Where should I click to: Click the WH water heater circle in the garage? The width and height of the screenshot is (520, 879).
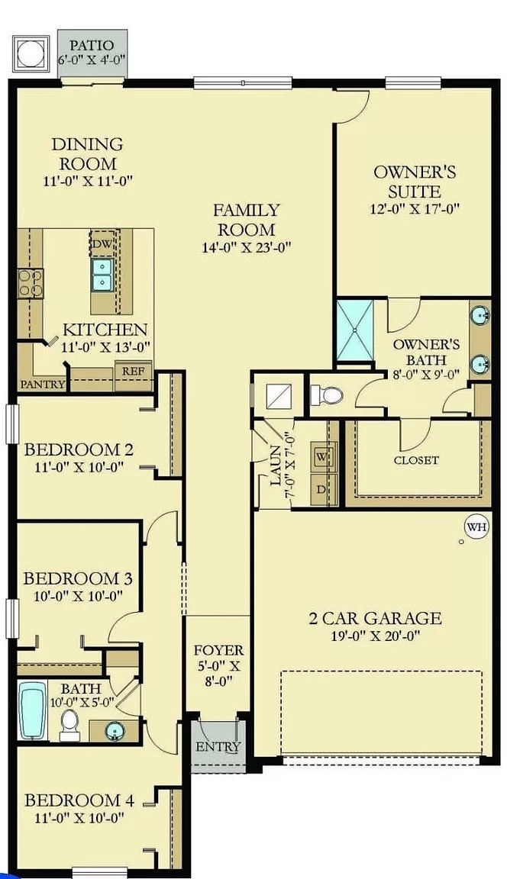click(476, 526)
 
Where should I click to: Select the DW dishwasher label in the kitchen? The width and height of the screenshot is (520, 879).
click(101, 244)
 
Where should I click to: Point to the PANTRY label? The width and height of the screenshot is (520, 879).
click(42, 384)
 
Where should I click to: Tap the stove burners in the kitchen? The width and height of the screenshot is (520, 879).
click(28, 282)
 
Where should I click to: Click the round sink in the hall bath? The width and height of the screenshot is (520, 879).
click(116, 732)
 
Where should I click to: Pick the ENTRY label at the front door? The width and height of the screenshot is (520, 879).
click(218, 746)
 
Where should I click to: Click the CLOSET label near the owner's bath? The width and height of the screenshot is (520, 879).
click(416, 460)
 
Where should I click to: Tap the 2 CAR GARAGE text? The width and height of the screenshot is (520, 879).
click(375, 618)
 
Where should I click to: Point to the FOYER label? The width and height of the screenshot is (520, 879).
click(218, 650)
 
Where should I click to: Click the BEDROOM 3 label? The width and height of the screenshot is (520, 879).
click(77, 578)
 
